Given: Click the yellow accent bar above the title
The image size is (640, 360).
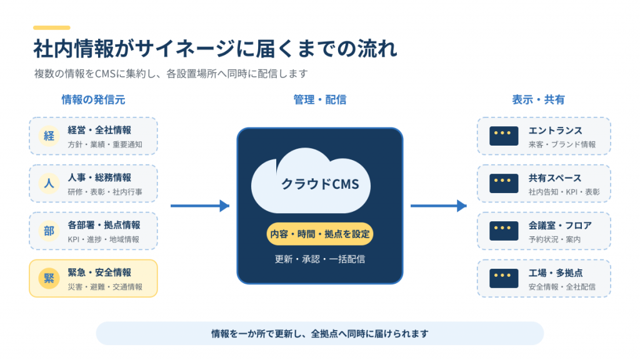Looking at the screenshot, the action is tap(52, 27).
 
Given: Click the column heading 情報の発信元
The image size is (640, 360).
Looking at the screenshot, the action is tap(94, 99).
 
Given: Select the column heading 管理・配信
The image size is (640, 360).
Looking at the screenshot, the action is tap(320, 99).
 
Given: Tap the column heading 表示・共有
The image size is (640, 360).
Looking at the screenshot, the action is tap(538, 99).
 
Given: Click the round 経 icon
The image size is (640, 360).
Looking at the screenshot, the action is tap(49, 136).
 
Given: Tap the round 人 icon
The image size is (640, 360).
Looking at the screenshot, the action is tap(49, 183).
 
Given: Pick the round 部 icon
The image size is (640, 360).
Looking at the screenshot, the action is tap(49, 231).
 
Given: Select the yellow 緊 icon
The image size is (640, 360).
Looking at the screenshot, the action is tap(49, 278).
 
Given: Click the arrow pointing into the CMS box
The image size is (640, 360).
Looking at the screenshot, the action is tap(200, 206).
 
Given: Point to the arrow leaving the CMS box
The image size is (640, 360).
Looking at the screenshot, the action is tap(439, 206).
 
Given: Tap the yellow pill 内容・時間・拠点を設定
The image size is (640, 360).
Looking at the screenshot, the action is tap(320, 234).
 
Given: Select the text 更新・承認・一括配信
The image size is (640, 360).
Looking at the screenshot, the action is tap(320, 259).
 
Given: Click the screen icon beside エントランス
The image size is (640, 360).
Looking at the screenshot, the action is tap(504, 136).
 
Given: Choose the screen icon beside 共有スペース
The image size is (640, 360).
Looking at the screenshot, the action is tap(504, 184).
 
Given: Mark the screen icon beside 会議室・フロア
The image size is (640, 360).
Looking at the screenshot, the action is tap(504, 231).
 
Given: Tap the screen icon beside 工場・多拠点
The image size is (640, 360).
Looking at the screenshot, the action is tap(504, 278).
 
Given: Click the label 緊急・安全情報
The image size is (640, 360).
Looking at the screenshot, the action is tap(99, 272).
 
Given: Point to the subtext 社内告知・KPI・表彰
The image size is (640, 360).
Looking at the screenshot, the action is tap(564, 192).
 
